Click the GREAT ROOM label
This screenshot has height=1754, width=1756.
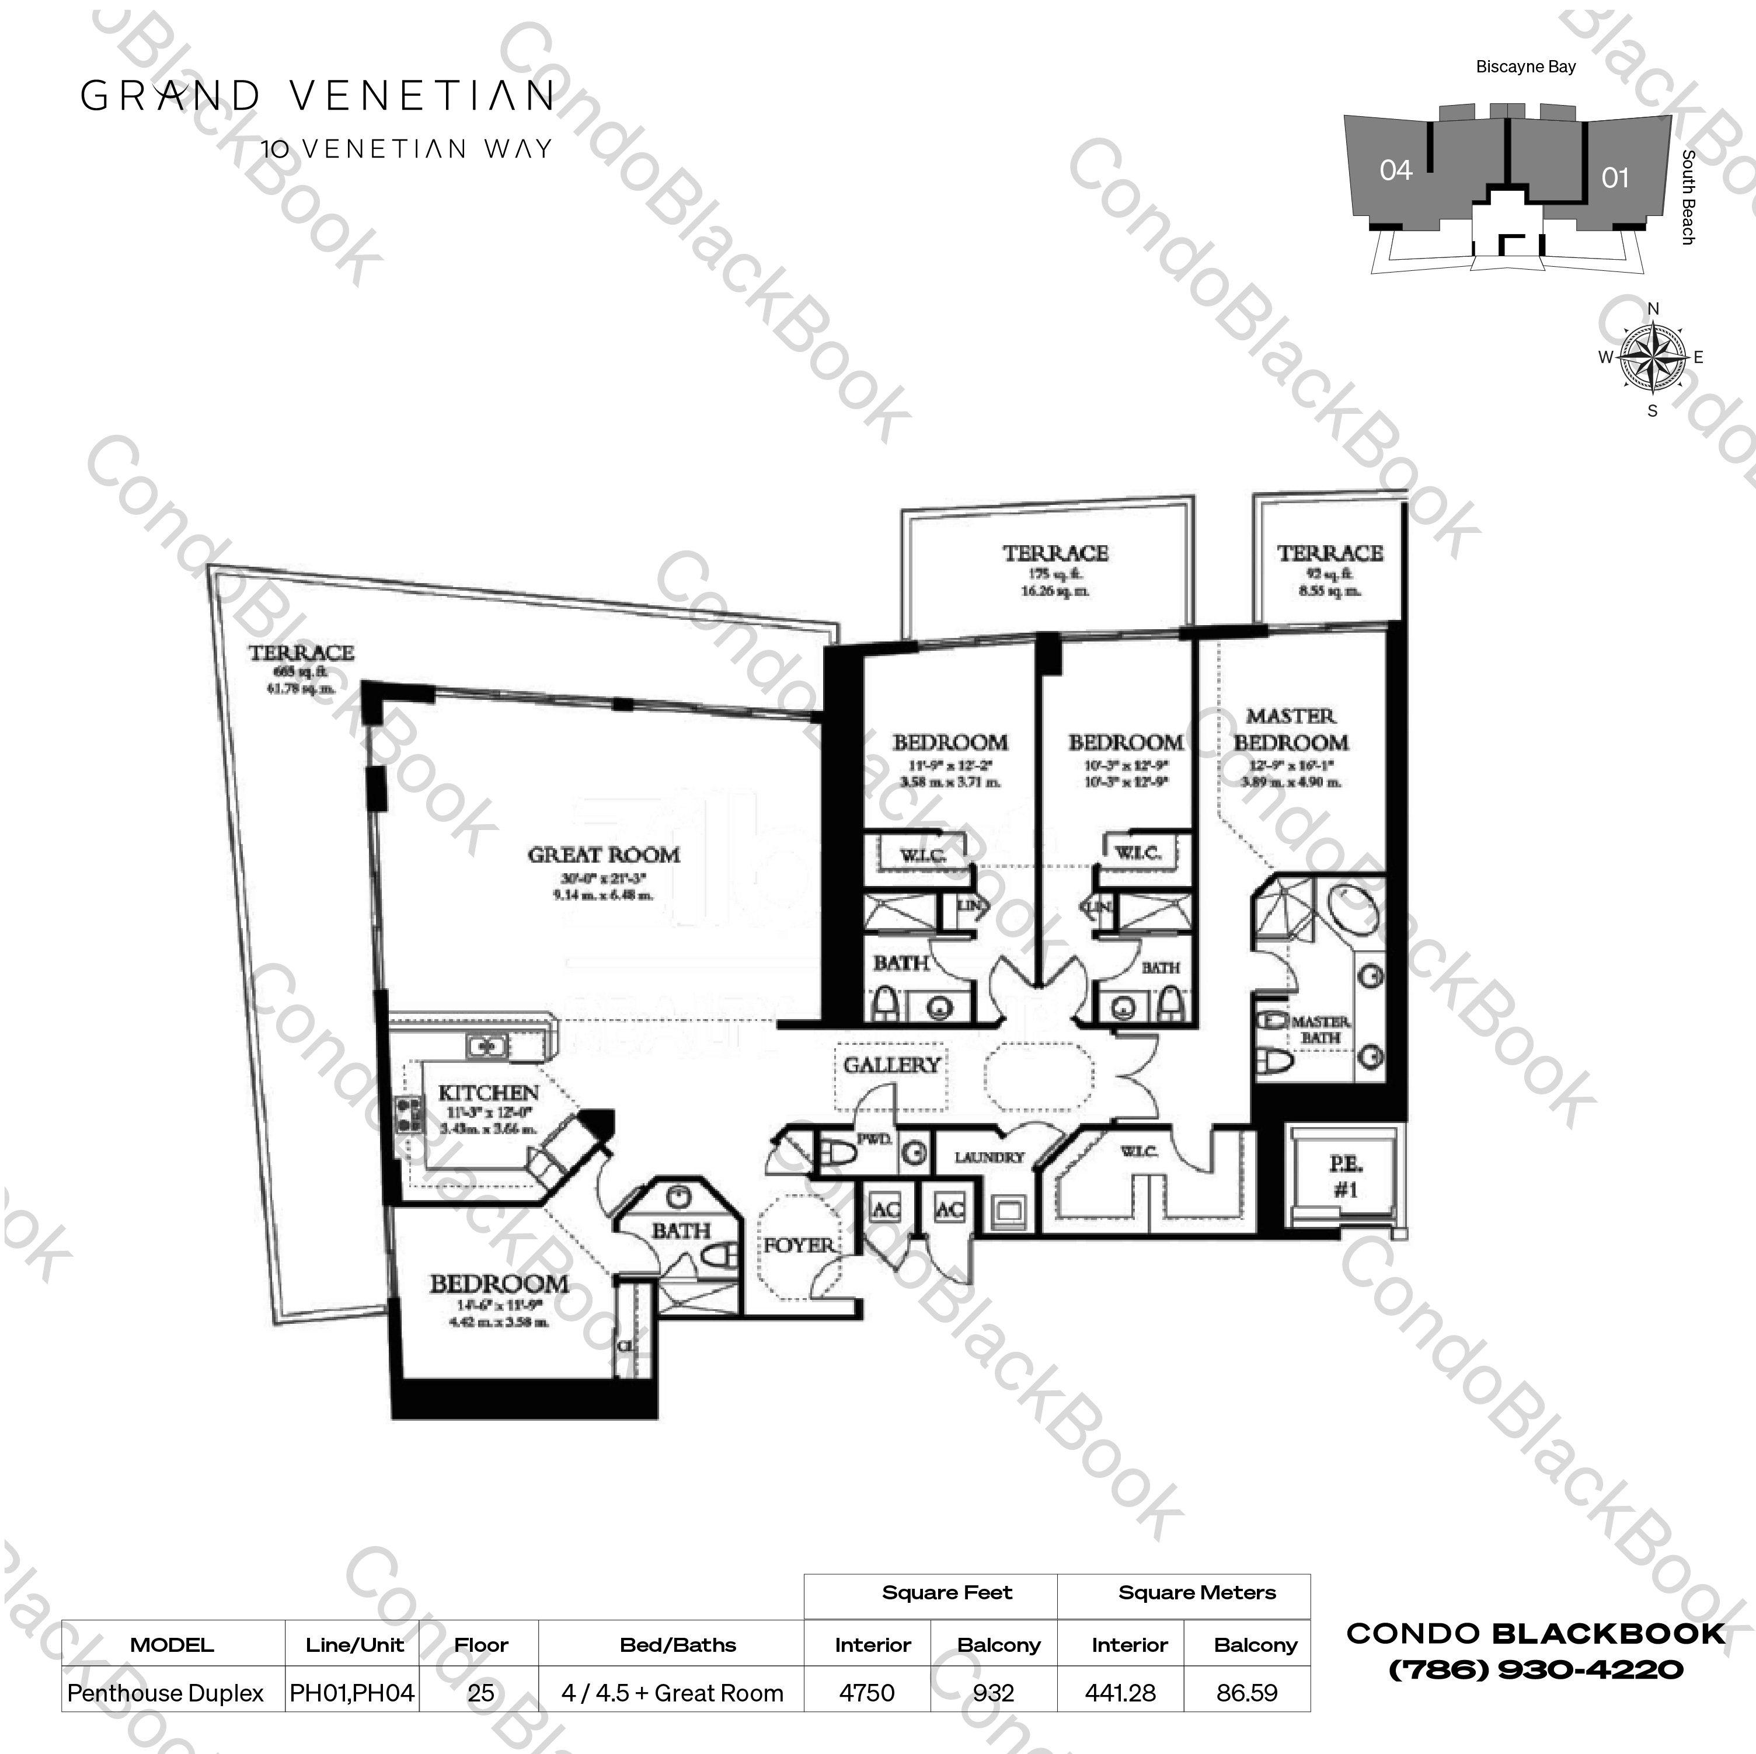coord(604,855)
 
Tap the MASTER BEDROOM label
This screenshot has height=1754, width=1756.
coord(1291,729)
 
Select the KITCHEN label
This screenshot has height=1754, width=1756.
coord(488,1093)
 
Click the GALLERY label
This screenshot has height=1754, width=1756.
coord(891,1064)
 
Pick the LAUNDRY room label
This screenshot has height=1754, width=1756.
coord(989,1157)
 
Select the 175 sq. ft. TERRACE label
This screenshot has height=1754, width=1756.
coord(1055,553)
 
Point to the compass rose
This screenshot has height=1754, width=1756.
coord(1653,358)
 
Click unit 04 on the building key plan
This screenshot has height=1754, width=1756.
coord(1395,170)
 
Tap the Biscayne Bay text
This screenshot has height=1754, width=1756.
coord(1525,67)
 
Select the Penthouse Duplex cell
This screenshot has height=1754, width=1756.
coord(165,1692)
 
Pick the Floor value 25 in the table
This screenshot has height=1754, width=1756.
coord(481,1692)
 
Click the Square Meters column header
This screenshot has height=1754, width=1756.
coord(1196,1592)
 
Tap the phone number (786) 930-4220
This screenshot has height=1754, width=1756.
coord(1535,1669)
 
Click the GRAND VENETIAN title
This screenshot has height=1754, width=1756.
coord(318,95)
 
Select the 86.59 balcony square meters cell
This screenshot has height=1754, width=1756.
coord(1246,1692)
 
